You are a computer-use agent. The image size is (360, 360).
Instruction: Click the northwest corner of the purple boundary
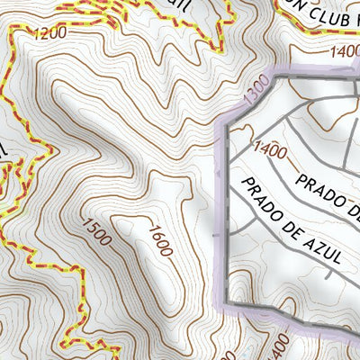click(x=225, y=121)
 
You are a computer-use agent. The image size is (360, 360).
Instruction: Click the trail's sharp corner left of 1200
click(x=11, y=30)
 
